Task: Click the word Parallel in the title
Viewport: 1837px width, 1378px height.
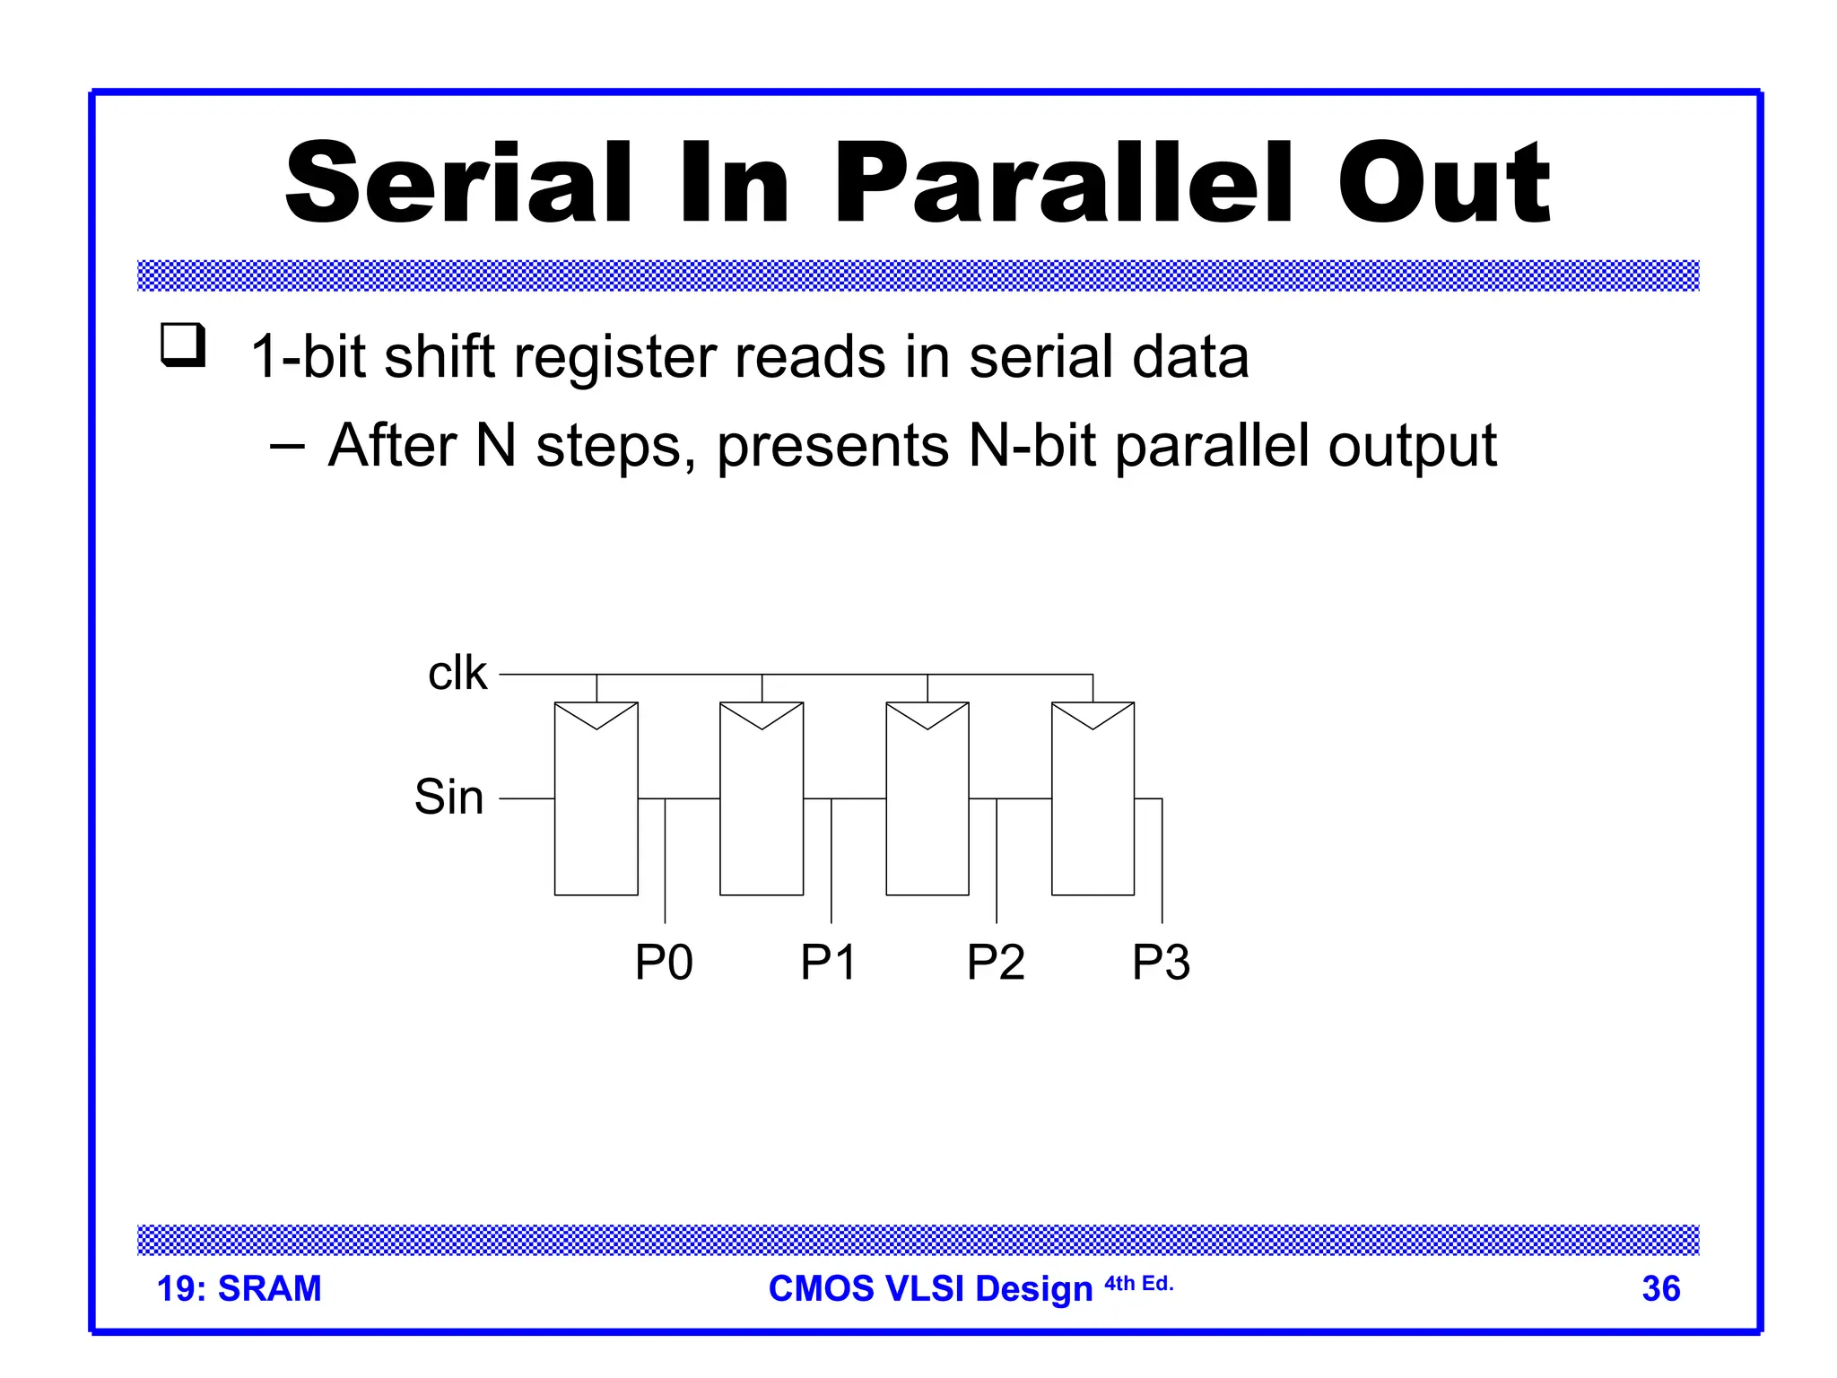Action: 1063,184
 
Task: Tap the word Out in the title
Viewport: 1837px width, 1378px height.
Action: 1444,184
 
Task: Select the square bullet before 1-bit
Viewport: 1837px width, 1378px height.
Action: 183,345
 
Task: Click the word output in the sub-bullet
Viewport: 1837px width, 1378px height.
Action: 1412,446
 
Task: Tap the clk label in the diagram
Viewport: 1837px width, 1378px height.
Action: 457,673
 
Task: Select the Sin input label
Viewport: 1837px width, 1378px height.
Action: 448,797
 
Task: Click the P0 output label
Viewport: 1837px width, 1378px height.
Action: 664,963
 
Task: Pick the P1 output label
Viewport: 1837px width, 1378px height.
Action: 829,963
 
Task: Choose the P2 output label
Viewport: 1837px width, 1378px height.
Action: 996,963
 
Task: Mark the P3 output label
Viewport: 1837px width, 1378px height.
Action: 1161,963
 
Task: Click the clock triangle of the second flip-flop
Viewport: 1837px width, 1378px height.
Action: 762,714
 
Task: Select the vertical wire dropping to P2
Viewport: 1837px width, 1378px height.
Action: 997,861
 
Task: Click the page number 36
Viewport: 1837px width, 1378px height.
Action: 1660,1289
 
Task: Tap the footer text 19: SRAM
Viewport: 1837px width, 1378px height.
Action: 239,1289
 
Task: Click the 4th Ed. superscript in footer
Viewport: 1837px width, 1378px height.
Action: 1138,1284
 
